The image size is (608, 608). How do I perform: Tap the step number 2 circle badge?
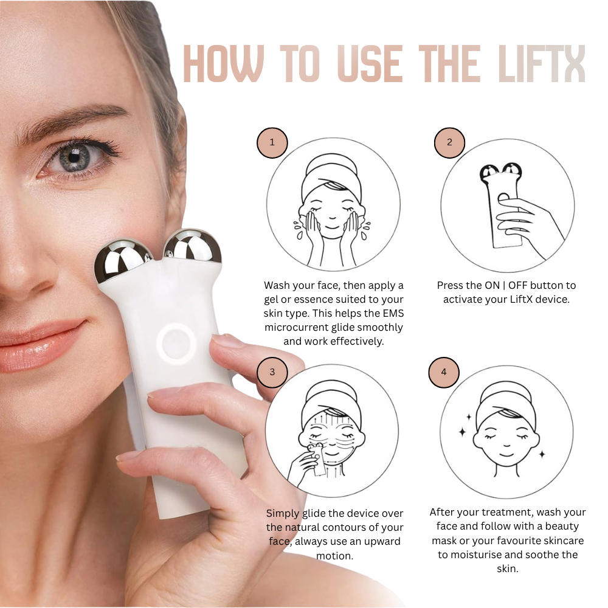coord(449,143)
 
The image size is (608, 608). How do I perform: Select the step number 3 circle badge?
coord(272,372)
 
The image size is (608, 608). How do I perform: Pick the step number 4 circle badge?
coord(444,372)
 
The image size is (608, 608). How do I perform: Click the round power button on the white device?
coord(174,342)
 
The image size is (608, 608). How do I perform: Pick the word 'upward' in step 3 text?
coord(376,541)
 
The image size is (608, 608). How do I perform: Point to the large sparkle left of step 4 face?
coord(461,432)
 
